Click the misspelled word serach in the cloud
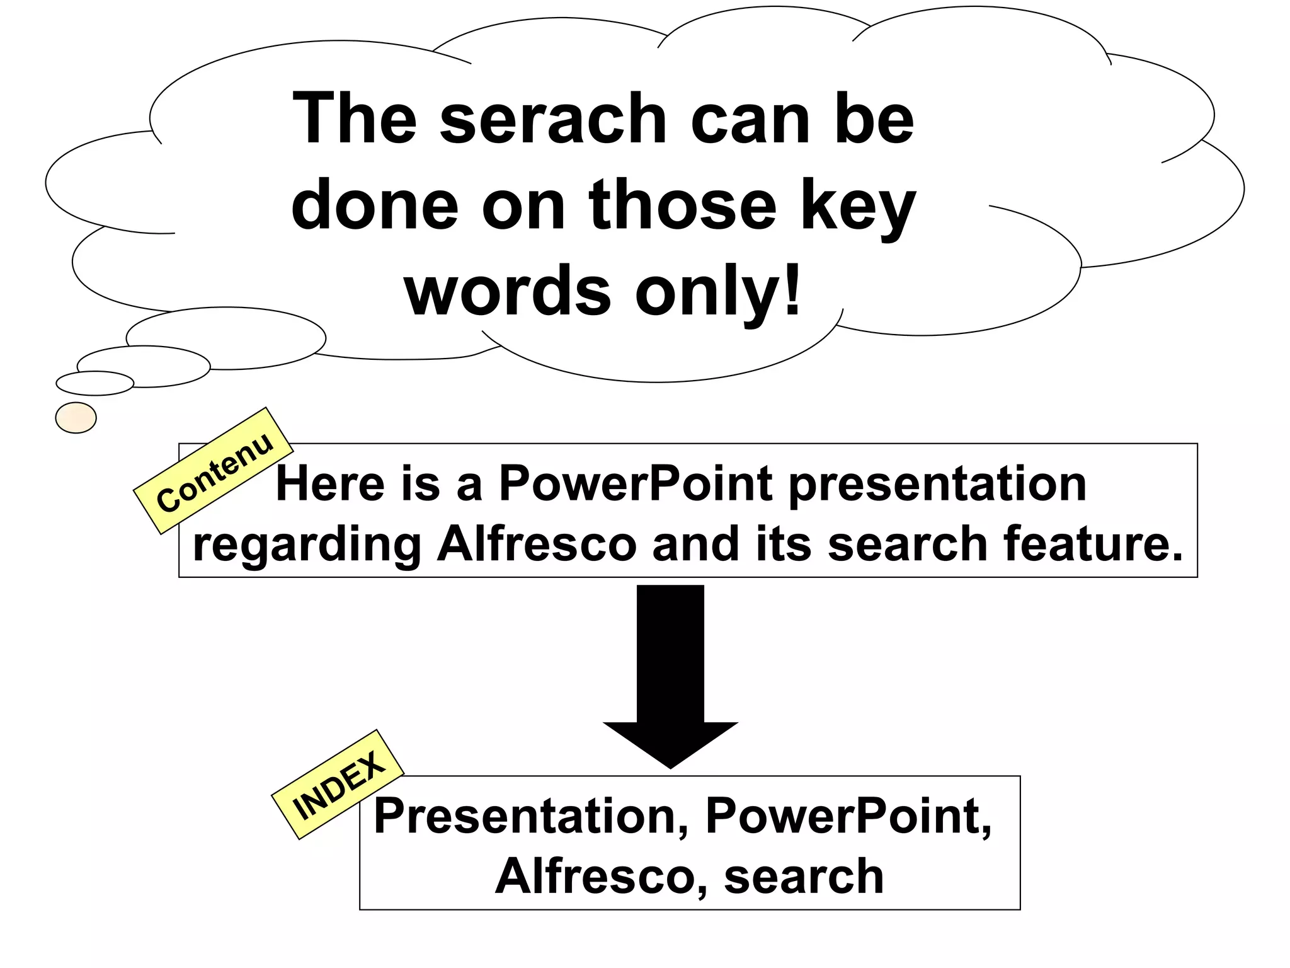553,120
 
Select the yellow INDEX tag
338,785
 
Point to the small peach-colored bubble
76,418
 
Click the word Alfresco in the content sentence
537,544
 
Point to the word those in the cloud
682,206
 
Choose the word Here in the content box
330,484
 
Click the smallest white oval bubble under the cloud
95,383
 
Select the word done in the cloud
375,206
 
